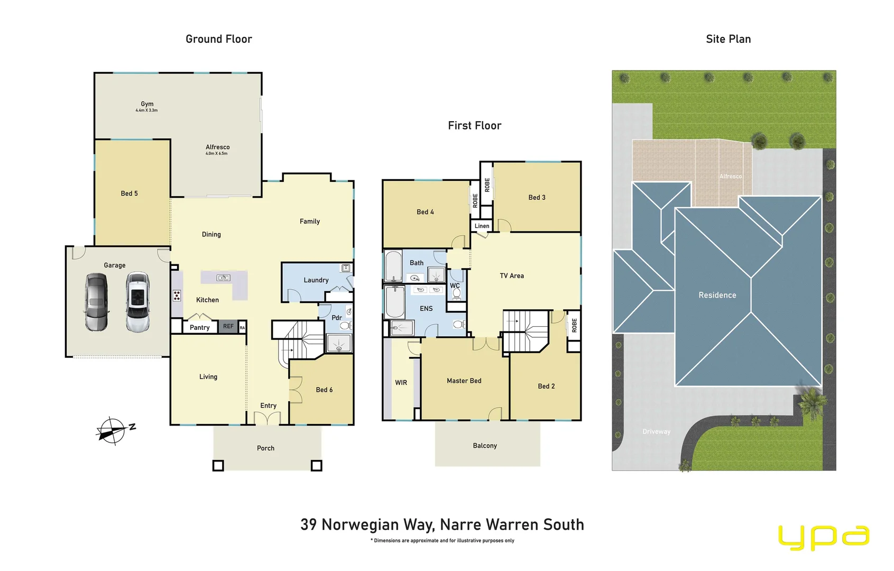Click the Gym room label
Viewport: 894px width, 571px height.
(147, 104)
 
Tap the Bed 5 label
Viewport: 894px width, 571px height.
(129, 194)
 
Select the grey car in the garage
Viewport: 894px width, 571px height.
(96, 302)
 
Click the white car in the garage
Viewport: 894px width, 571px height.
(137, 302)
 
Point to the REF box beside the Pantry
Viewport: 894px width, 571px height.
(228, 327)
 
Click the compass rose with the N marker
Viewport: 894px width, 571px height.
(112, 430)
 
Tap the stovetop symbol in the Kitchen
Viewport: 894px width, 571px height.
(177, 296)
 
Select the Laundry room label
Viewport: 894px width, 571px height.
(316, 280)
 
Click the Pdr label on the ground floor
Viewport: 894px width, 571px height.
(337, 318)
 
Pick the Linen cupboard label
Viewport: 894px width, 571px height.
(482, 226)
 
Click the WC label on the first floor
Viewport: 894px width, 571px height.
(455, 285)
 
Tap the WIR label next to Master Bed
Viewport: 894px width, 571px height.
(401, 383)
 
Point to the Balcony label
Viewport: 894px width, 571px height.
(485, 446)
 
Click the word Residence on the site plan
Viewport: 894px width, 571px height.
(717, 295)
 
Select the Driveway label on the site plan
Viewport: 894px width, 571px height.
(656, 431)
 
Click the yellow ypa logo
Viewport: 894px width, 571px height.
(823, 538)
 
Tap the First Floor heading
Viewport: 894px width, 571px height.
(474, 126)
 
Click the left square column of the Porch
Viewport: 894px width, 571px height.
(218, 466)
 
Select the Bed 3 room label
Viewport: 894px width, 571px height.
(537, 197)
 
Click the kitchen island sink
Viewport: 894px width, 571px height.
(224, 278)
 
